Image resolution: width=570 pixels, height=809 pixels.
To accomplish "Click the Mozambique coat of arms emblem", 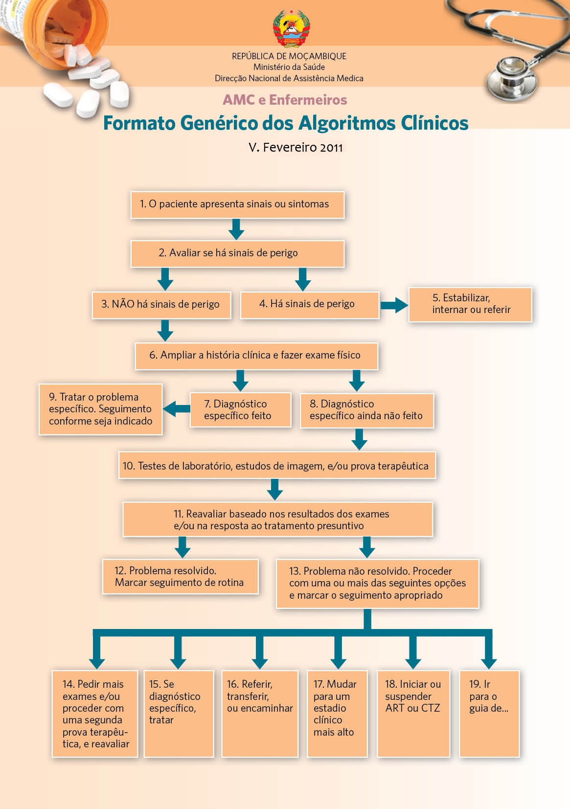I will [x=291, y=28].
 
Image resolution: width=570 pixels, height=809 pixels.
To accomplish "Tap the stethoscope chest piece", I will [x=509, y=74].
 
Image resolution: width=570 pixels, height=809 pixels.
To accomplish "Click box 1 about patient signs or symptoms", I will [x=237, y=204].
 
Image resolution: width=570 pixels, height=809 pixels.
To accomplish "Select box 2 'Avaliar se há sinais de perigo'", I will [x=237, y=253].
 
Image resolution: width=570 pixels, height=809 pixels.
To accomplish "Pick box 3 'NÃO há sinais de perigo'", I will [x=161, y=305].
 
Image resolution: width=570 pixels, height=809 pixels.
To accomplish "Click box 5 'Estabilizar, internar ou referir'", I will [x=470, y=304].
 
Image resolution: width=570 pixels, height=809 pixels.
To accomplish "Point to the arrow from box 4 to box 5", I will [x=394, y=306].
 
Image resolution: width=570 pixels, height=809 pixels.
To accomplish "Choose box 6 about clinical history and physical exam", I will [x=256, y=356].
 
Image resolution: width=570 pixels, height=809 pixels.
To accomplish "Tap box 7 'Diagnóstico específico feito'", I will [x=240, y=410].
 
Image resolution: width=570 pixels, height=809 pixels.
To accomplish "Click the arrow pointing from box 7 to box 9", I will [x=176, y=409].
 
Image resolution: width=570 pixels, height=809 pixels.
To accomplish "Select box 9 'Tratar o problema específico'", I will [x=100, y=409].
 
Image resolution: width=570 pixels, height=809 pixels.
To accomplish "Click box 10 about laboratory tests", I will [x=277, y=466].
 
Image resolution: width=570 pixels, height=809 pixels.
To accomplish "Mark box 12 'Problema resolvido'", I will [x=180, y=577].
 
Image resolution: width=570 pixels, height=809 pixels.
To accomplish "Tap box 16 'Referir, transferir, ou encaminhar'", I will [x=260, y=713].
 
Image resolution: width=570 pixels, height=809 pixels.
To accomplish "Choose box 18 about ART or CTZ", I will [x=413, y=713].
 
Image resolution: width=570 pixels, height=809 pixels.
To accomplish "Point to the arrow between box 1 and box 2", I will [x=236, y=229].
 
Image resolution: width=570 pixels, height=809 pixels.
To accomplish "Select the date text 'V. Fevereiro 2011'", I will [x=296, y=147].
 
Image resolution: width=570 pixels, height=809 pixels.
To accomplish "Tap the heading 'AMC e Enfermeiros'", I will [x=285, y=100].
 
